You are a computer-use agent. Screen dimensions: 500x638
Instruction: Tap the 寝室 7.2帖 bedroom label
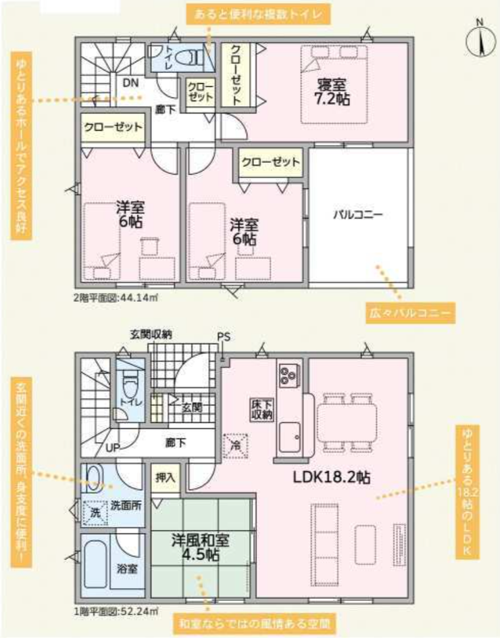click(332, 92)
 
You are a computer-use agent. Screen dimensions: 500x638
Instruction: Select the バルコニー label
click(358, 214)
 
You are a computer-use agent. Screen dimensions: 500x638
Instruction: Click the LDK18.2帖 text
click(332, 477)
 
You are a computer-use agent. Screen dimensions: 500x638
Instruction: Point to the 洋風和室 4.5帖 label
click(200, 547)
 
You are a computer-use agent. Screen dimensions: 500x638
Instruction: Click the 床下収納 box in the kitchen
click(261, 410)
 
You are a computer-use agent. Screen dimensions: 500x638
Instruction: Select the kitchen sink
click(289, 437)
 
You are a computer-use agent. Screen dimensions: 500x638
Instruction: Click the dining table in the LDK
click(347, 422)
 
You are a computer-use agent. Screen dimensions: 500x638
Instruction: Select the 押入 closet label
click(165, 478)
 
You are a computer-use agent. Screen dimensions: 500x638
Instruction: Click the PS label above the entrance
click(224, 337)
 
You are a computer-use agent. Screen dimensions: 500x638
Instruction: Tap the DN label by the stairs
click(130, 83)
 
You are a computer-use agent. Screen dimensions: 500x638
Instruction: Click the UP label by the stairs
click(113, 448)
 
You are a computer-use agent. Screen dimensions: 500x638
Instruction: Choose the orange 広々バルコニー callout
click(409, 314)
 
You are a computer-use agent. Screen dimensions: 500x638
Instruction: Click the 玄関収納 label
click(151, 335)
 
